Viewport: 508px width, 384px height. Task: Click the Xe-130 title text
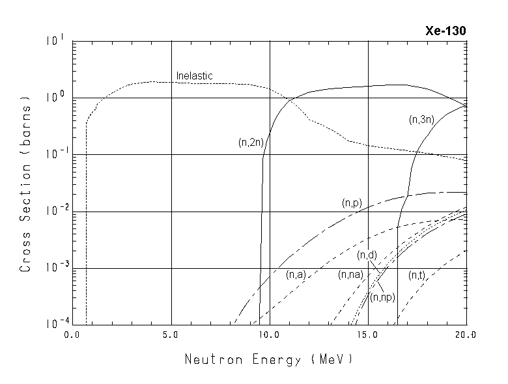445,31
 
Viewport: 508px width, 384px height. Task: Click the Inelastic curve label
195,76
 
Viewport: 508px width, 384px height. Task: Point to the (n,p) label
352,204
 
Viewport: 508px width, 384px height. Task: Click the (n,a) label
296,275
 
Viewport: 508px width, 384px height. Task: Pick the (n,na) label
350,275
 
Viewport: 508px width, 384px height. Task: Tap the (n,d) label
367,254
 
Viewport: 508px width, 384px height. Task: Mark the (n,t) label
417,275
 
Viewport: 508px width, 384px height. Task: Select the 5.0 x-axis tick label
171,336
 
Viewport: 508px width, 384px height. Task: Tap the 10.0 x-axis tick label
269,336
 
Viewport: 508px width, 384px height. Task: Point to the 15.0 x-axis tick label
368,336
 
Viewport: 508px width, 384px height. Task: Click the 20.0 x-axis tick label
466,336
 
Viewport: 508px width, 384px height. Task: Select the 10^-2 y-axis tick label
56,212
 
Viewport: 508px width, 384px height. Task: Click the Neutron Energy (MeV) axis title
268,359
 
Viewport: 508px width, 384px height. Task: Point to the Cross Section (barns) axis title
25,184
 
